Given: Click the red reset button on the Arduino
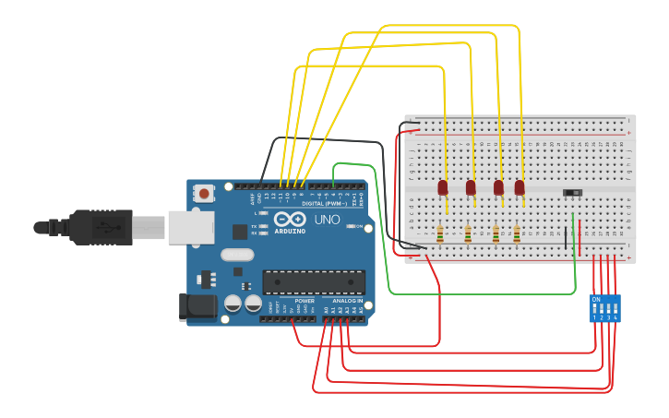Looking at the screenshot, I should [203, 193].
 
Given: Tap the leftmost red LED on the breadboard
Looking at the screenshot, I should [443, 187].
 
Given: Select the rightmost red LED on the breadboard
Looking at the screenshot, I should [520, 187].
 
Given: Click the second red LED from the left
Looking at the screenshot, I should [471, 187].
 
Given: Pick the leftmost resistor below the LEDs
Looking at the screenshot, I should [440, 233].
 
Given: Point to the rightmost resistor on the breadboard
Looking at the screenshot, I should [517, 233].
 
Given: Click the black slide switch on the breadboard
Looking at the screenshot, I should [573, 192].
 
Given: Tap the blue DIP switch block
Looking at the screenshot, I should [605, 308].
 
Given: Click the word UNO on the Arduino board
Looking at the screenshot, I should [328, 221].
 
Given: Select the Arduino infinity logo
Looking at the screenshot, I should [288, 221].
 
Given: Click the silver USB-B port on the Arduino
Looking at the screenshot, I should [190, 227].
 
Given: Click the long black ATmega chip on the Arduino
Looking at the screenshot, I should [314, 281].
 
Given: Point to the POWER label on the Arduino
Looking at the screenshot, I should [305, 301].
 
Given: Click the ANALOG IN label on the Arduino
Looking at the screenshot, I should [347, 301].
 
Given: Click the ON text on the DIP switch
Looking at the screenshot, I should [596, 300].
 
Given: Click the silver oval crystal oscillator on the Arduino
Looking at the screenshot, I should [237, 256].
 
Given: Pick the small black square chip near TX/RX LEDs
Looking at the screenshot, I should [240, 232].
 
